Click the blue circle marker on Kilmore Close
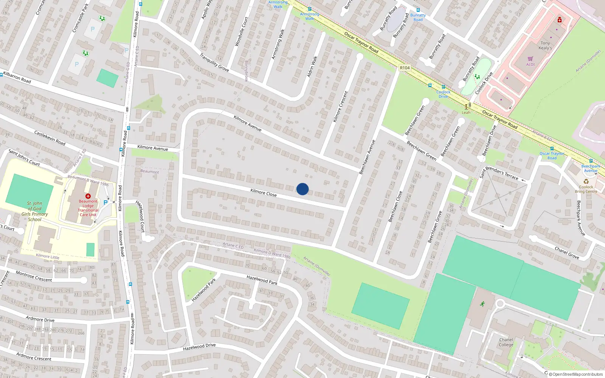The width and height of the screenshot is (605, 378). pyautogui.click(x=302, y=189)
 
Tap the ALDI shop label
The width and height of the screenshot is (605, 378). pyautogui.click(x=530, y=64)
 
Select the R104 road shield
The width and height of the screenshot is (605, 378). pyautogui.click(x=405, y=68)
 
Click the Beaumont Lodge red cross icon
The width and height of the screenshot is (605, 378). pyautogui.click(x=88, y=196)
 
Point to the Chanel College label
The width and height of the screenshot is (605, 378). pyautogui.click(x=506, y=342)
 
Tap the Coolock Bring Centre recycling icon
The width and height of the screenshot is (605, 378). pyautogui.click(x=586, y=181)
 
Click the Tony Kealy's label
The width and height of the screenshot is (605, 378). pyautogui.click(x=545, y=45)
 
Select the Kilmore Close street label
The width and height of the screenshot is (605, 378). pyautogui.click(x=264, y=193)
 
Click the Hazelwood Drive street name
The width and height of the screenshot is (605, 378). pyautogui.click(x=199, y=347)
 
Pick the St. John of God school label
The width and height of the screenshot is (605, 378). pyautogui.click(x=34, y=211)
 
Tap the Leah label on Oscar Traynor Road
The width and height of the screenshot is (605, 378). pyautogui.click(x=466, y=112)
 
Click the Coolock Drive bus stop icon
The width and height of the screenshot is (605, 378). pyautogui.click(x=444, y=87)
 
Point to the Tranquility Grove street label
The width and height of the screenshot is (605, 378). pyautogui.click(x=214, y=62)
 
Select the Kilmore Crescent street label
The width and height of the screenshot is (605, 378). pyautogui.click(x=340, y=107)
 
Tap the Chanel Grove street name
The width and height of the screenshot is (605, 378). pyautogui.click(x=567, y=253)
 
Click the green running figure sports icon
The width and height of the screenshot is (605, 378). pyautogui.click(x=482, y=304)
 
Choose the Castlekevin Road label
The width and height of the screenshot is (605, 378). pyautogui.click(x=50, y=138)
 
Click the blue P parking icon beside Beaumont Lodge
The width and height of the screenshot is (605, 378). pyautogui.click(x=105, y=203)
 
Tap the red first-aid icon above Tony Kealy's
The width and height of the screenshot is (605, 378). pyautogui.click(x=560, y=20)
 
